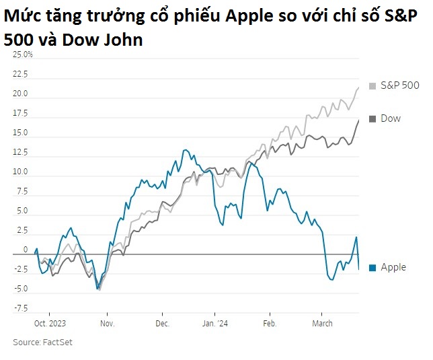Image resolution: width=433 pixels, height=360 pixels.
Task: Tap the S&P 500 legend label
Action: click(x=399, y=86)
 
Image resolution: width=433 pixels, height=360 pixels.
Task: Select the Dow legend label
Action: click(x=390, y=118)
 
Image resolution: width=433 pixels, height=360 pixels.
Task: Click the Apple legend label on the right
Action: click(x=393, y=267)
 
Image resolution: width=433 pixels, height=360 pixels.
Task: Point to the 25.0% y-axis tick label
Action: click(x=23, y=55)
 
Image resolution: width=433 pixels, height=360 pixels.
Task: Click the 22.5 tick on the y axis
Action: click(x=20, y=75)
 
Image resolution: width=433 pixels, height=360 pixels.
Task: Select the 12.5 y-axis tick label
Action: click(x=20, y=153)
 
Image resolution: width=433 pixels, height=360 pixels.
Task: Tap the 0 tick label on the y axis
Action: click(x=26, y=250)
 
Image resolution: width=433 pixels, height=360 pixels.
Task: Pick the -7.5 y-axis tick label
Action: click(x=20, y=308)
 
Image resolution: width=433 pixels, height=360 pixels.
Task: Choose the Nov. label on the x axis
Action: click(x=108, y=324)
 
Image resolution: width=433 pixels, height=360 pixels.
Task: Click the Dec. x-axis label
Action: click(x=162, y=324)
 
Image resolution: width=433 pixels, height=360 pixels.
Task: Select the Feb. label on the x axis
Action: click(x=269, y=324)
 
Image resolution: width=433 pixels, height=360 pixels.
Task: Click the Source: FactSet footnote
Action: click(x=42, y=343)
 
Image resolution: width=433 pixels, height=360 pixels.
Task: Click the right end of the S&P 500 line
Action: click(x=358, y=87)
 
